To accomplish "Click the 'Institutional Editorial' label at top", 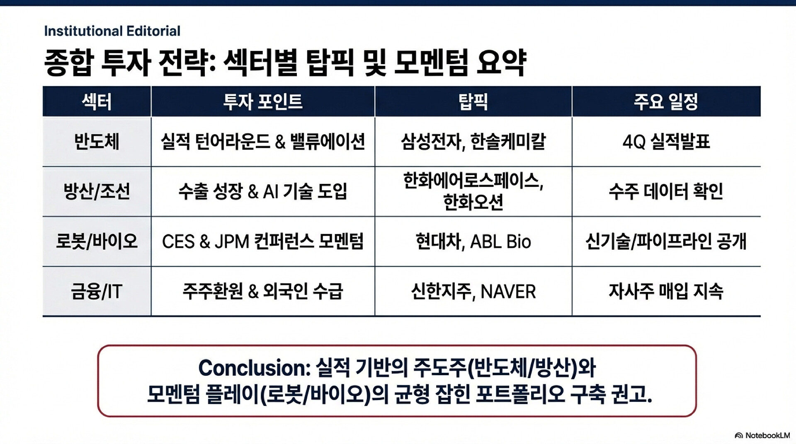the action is tap(112, 31).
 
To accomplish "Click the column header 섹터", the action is tap(97, 101).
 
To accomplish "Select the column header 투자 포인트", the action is tap(263, 101).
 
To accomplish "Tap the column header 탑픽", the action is tap(473, 101).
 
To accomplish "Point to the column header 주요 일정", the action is tap(666, 101).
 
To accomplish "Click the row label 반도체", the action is tap(97, 142).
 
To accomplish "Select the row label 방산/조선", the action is tap(97, 191).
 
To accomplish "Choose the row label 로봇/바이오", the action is tap(97, 241).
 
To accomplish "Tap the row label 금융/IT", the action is tap(97, 291).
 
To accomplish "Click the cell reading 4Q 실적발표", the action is tap(666, 142).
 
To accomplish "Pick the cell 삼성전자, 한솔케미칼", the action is tap(473, 142).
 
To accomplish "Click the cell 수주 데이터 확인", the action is tap(666, 191).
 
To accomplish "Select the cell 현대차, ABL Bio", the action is tap(473, 241).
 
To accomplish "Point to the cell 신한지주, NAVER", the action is tap(473, 291).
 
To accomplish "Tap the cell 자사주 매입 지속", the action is tap(666, 291).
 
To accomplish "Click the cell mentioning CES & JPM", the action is tap(263, 241).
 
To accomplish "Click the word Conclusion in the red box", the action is tap(254, 368).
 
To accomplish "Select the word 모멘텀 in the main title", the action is tap(431, 63).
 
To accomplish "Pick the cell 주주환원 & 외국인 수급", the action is tap(263, 291).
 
